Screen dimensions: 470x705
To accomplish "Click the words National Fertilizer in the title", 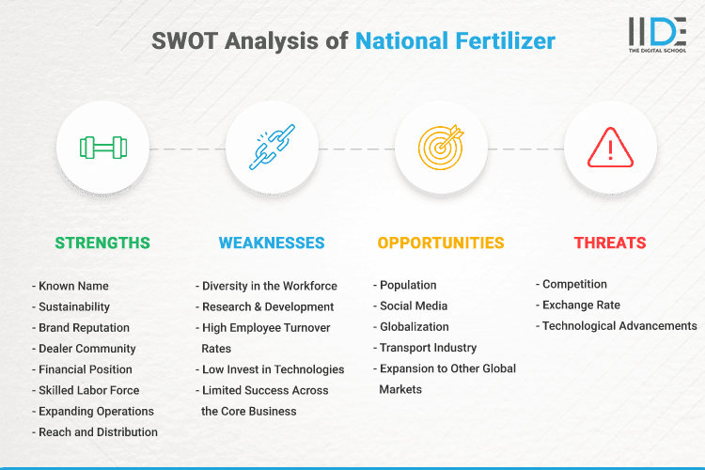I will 455,40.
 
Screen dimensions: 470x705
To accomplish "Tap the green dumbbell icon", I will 102,148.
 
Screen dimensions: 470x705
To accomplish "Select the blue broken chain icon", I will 272,148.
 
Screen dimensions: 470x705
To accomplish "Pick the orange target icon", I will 441,148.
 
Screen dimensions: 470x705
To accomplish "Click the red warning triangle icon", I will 610,148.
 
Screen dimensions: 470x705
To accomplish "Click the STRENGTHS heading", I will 102,243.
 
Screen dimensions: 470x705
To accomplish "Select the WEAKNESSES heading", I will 272,243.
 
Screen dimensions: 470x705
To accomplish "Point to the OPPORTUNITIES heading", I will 441,243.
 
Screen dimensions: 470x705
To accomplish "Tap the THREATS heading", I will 610,243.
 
